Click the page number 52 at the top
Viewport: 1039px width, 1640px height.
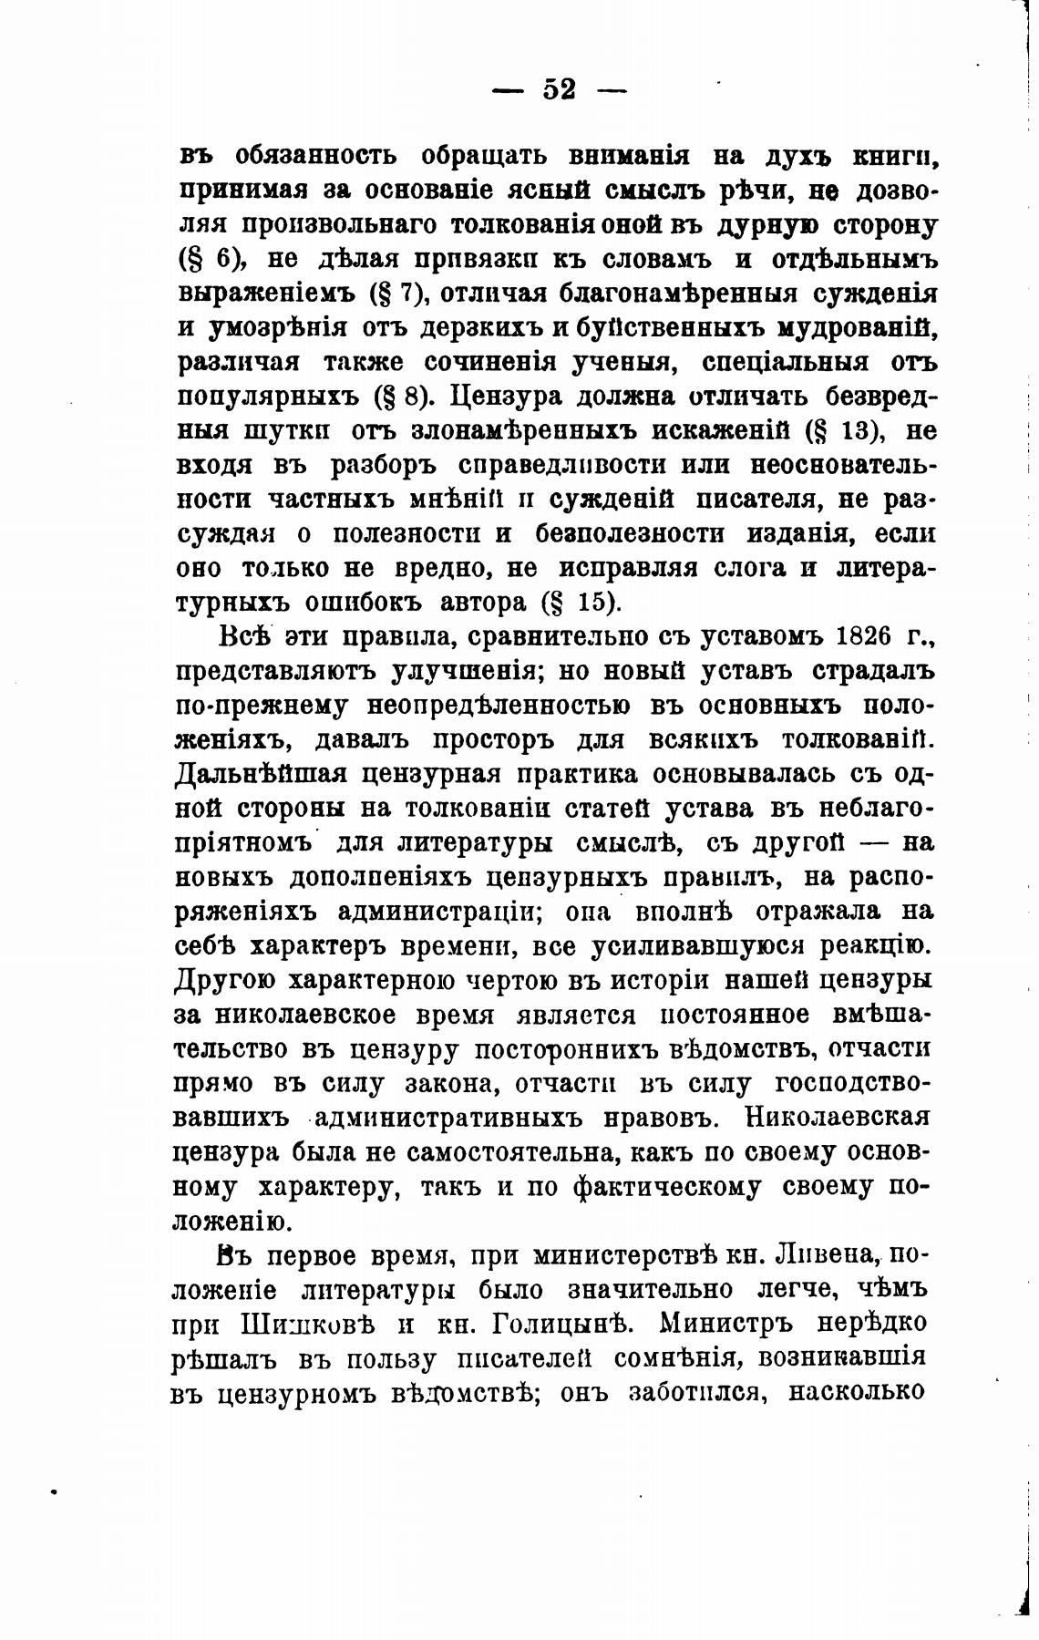coord(560,89)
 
